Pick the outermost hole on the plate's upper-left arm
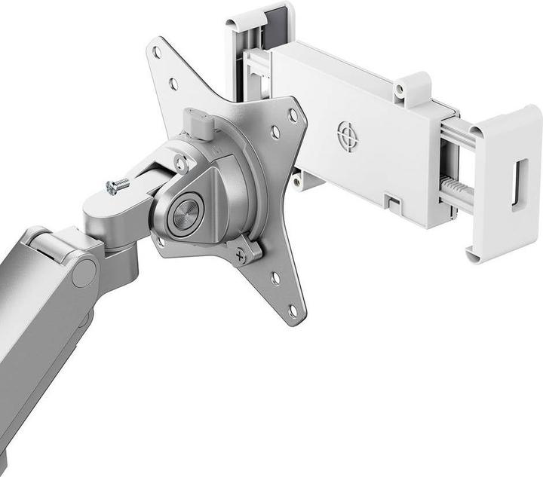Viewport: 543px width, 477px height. point(157,53)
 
